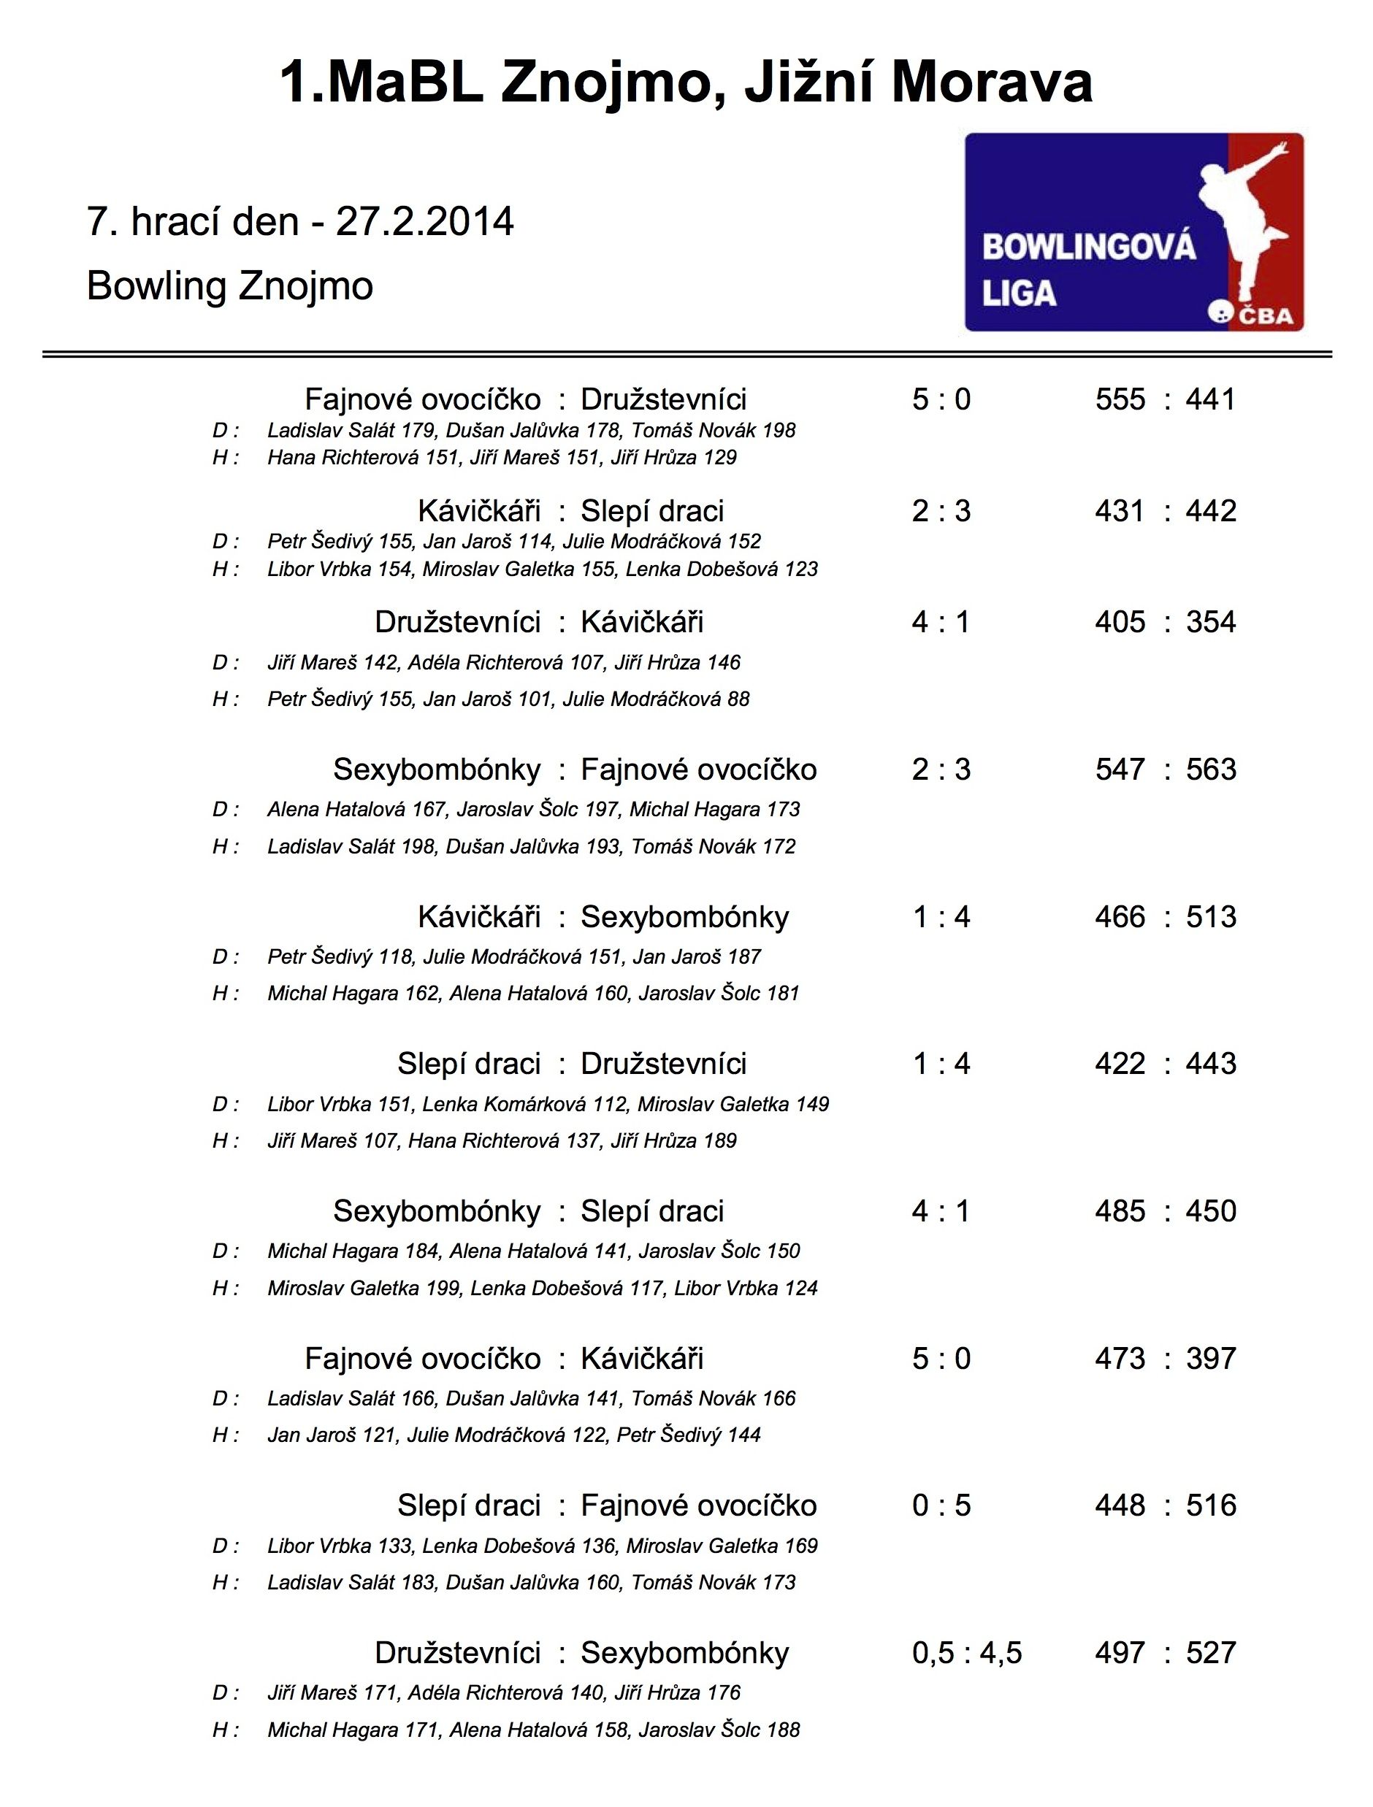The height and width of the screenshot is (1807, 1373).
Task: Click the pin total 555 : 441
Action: pyautogui.click(x=1166, y=399)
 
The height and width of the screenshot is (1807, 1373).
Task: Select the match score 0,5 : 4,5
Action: pyautogui.click(x=967, y=1653)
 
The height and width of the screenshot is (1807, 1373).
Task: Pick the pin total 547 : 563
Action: pyautogui.click(x=1166, y=770)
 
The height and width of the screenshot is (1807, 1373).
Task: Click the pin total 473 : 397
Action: pyautogui.click(x=1166, y=1359)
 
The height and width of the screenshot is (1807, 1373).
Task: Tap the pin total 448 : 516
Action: pyautogui.click(x=1166, y=1505)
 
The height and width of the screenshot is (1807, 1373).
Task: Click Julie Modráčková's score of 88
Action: pyautogui.click(x=738, y=699)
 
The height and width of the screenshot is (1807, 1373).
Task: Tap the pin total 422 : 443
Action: pyautogui.click(x=1166, y=1064)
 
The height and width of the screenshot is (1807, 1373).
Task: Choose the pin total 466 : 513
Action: pyautogui.click(x=1166, y=916)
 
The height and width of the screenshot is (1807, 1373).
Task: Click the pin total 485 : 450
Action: pyautogui.click(x=1166, y=1211)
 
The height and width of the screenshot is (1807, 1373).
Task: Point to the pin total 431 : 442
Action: pyautogui.click(x=1166, y=511)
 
